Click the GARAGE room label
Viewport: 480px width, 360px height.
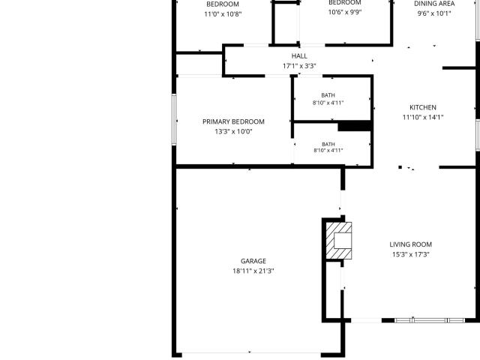click(x=253, y=261)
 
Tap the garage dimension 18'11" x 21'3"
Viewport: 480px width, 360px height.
click(x=253, y=271)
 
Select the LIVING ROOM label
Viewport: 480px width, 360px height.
click(x=410, y=244)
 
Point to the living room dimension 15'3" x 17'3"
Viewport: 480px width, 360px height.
click(x=410, y=254)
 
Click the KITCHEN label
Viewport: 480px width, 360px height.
click(x=423, y=107)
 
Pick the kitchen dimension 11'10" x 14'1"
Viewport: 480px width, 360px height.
click(x=423, y=117)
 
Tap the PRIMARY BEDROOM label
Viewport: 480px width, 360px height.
click(x=233, y=121)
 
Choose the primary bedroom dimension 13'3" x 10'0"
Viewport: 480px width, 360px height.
click(x=233, y=132)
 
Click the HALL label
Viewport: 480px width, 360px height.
click(x=299, y=56)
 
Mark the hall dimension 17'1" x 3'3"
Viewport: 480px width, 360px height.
click(x=299, y=66)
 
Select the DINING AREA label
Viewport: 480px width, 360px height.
click(x=434, y=4)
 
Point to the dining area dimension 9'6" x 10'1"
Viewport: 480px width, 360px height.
click(x=434, y=13)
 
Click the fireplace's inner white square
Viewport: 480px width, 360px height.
click(x=343, y=241)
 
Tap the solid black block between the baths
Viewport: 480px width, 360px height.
click(x=355, y=127)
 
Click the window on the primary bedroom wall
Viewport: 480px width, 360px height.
click(x=174, y=119)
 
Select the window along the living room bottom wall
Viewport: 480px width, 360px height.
click(x=430, y=320)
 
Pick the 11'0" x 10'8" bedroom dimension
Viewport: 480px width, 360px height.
click(x=223, y=14)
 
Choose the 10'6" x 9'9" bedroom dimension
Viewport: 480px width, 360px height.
click(x=345, y=12)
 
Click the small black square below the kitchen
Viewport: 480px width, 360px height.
click(x=400, y=167)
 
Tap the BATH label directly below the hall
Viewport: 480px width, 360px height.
click(x=328, y=95)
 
